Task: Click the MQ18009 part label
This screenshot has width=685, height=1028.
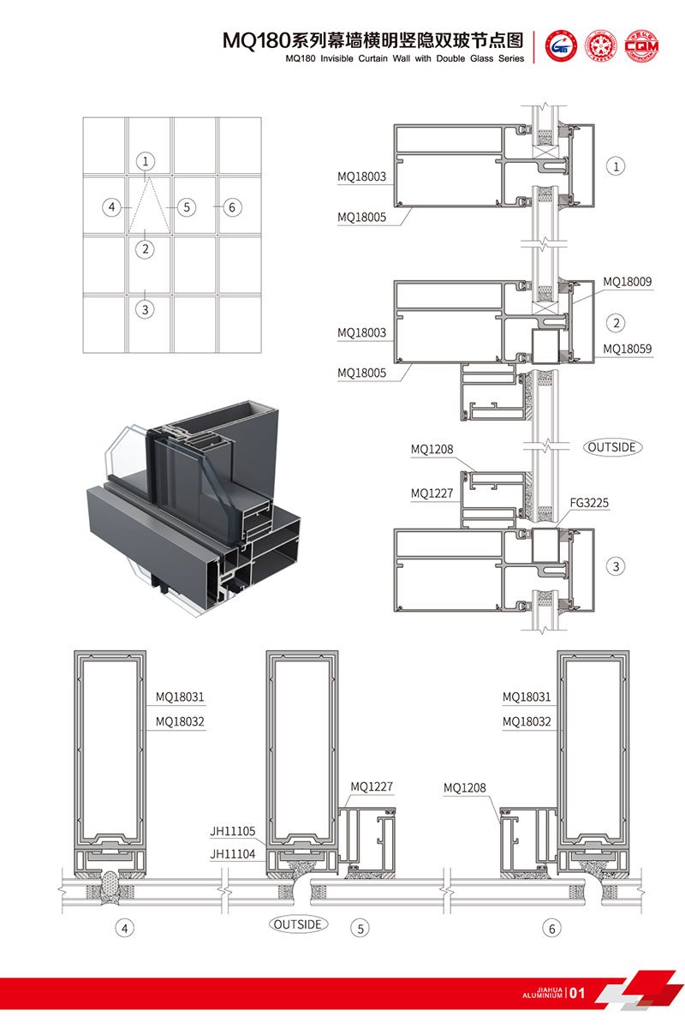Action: [x=627, y=281]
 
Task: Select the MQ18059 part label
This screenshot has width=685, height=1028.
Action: [x=627, y=349]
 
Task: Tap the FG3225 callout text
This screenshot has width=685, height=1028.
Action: [x=589, y=503]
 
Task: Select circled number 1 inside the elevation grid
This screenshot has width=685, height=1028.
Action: [x=146, y=161]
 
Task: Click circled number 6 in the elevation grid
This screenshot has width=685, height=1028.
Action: [x=230, y=207]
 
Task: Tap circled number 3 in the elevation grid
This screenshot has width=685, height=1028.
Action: [x=146, y=309]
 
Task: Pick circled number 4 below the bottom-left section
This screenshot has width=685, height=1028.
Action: [x=126, y=928]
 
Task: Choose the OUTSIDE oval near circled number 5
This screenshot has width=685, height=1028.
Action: [x=299, y=924]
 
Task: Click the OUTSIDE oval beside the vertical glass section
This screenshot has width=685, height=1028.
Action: [x=613, y=447]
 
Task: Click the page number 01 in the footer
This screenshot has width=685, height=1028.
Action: [x=577, y=994]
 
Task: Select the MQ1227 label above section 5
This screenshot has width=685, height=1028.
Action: [x=372, y=786]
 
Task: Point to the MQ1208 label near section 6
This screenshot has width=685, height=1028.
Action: [x=465, y=786]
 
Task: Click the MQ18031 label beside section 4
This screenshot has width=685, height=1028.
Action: [x=180, y=697]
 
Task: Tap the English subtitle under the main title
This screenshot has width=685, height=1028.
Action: [x=403, y=59]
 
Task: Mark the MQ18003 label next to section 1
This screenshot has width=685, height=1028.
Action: [x=361, y=177]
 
